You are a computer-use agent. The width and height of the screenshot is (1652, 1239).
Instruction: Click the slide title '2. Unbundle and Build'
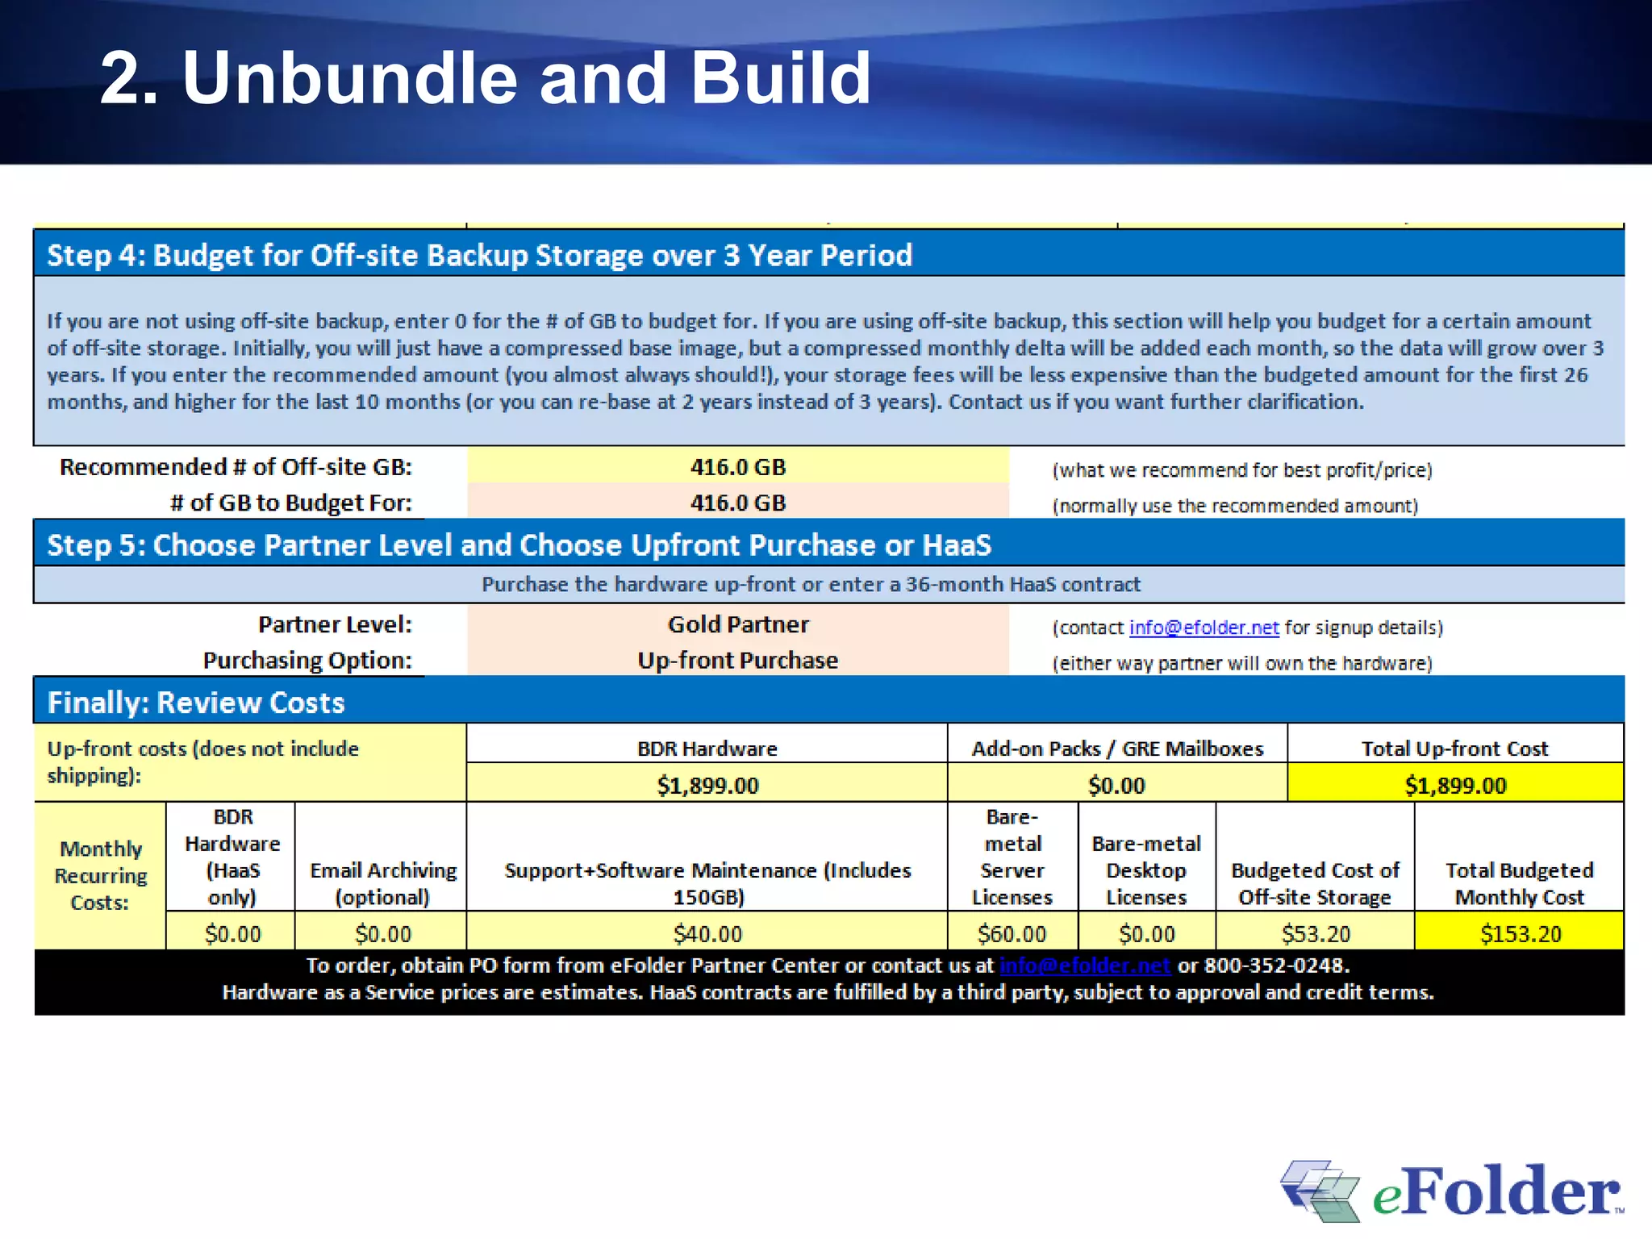(485, 77)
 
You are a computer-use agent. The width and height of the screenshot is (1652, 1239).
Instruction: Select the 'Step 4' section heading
(479, 255)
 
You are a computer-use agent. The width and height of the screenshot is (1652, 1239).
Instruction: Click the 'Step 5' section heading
(519, 545)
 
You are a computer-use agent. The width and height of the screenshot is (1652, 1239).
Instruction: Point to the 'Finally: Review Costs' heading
(196, 703)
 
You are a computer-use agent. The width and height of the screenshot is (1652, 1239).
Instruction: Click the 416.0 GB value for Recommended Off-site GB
(737, 467)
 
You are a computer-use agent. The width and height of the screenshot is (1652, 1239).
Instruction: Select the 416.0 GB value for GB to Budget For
(737, 503)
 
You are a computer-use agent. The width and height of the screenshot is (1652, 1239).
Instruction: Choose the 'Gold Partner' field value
(737, 624)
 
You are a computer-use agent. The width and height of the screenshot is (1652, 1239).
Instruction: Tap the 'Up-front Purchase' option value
(737, 661)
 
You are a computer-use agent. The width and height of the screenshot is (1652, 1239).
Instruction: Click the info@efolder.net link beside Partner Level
(1204, 628)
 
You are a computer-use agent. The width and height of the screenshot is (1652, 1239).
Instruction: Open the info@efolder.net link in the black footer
(1084, 966)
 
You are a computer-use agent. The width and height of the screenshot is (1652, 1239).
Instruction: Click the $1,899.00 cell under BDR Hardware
(707, 785)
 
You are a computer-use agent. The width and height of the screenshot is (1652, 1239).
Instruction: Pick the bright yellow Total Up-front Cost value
(1454, 785)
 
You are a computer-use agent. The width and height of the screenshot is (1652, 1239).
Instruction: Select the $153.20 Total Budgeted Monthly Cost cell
(1520, 933)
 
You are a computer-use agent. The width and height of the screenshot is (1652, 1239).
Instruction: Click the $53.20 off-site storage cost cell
(1315, 933)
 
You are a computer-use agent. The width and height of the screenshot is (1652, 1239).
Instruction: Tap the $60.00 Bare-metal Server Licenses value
(1012, 933)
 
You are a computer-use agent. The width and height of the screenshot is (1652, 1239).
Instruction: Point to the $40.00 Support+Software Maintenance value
(707, 933)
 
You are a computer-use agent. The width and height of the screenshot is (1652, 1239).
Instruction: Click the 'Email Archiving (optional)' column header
(382, 883)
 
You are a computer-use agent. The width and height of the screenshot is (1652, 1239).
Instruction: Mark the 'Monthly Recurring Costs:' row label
(100, 875)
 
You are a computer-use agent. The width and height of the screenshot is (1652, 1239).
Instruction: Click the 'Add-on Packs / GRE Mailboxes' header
(1116, 749)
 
